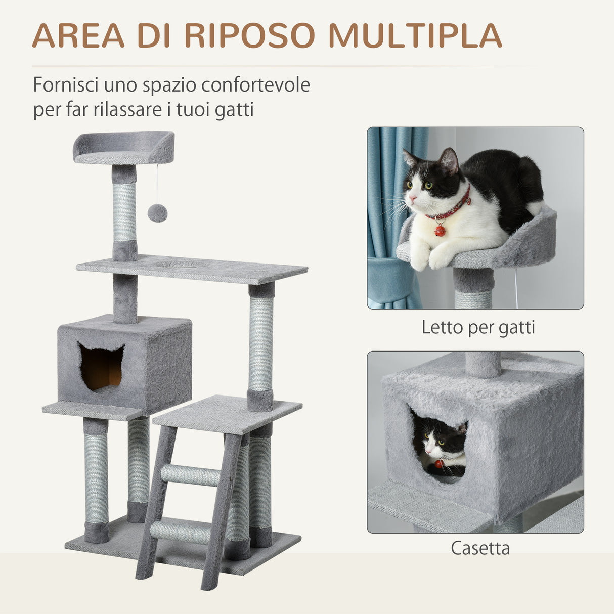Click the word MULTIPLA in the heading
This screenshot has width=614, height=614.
pos(415,35)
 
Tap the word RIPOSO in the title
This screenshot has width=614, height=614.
pos(249,35)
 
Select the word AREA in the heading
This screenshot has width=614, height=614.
pos(78,35)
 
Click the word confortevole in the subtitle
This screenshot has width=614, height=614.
pos(255,85)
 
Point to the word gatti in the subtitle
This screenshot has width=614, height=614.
pos(234,109)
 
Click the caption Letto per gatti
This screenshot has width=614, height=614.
pos(478,327)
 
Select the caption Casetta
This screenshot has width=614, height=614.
pos(480,548)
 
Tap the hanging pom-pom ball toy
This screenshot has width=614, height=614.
pos(157,213)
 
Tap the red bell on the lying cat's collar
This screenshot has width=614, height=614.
pos(440,231)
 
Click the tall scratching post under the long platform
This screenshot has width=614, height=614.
pos(261,344)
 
